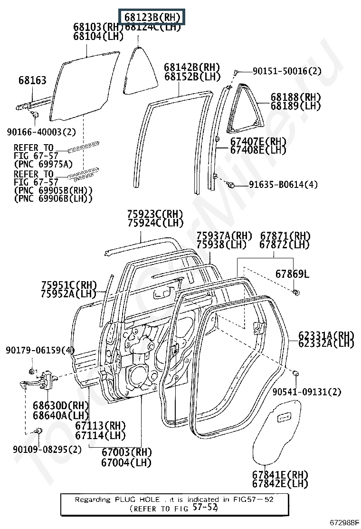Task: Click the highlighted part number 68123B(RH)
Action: pos(152,18)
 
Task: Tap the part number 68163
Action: pos(32,80)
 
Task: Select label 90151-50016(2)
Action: pos(286,71)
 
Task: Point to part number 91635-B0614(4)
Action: pos(283,185)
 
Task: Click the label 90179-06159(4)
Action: pos(40,350)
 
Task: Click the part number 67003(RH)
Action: pos(126,452)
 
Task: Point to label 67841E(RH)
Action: pos(280,475)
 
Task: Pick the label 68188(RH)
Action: pos(296,97)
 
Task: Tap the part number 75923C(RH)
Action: pos(155,215)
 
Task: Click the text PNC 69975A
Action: pos(43,165)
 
